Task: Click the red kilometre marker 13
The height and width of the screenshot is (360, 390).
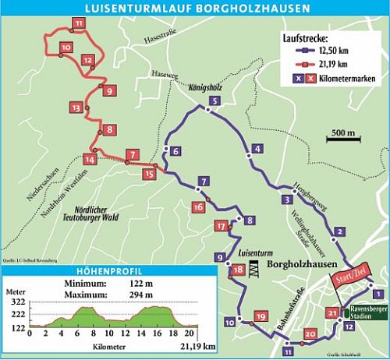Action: tap(75, 107)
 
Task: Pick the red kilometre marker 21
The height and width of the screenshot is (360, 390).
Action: tap(332, 314)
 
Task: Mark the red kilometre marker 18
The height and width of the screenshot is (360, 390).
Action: tap(237, 270)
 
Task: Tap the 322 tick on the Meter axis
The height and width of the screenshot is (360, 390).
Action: tap(16, 302)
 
